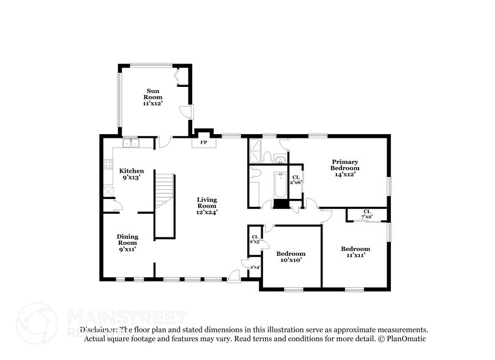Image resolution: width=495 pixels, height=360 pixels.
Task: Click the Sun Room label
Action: pyautogui.click(x=152, y=97)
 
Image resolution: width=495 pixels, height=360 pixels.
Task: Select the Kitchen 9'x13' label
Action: pyautogui.click(x=132, y=174)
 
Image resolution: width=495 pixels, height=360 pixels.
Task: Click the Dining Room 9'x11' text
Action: pyautogui.click(x=127, y=242)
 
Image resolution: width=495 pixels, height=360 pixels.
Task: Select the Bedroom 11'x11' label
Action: pyautogui.click(x=355, y=252)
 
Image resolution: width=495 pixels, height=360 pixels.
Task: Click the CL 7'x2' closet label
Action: pyautogui.click(x=367, y=214)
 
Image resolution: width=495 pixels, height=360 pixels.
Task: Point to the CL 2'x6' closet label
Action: pyautogui.click(x=296, y=180)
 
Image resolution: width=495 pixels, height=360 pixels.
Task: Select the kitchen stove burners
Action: pyautogui.click(x=108, y=163)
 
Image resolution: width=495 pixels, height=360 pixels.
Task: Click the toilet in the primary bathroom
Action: pyautogui.click(x=280, y=160)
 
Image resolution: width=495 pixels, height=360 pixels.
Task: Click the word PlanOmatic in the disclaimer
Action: pyautogui.click(x=408, y=338)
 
